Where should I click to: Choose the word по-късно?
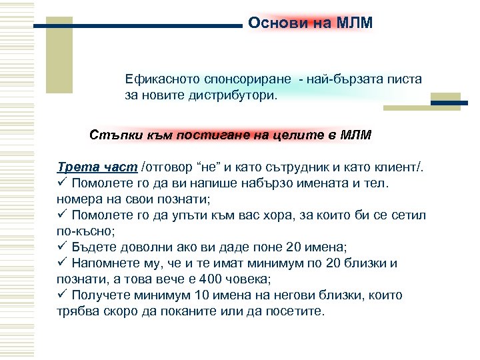click(x=85, y=231)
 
